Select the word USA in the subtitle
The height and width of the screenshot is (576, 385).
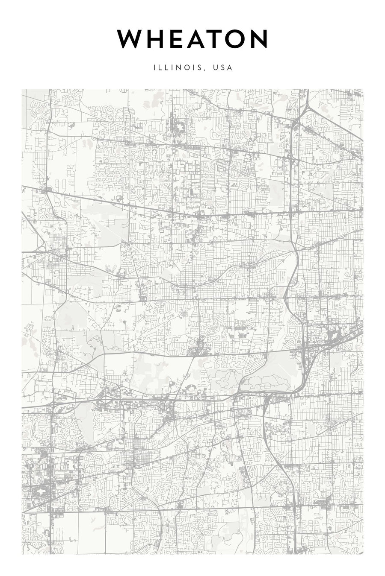(223, 67)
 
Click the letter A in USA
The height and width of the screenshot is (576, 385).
(230, 67)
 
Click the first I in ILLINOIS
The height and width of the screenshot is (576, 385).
(154, 67)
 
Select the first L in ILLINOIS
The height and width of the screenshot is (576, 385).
(160, 67)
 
